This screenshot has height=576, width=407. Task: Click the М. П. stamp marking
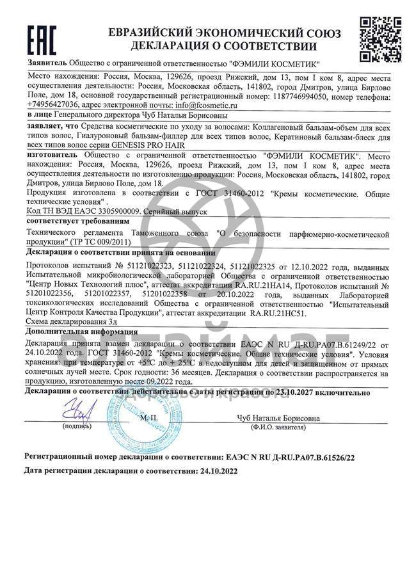147,418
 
